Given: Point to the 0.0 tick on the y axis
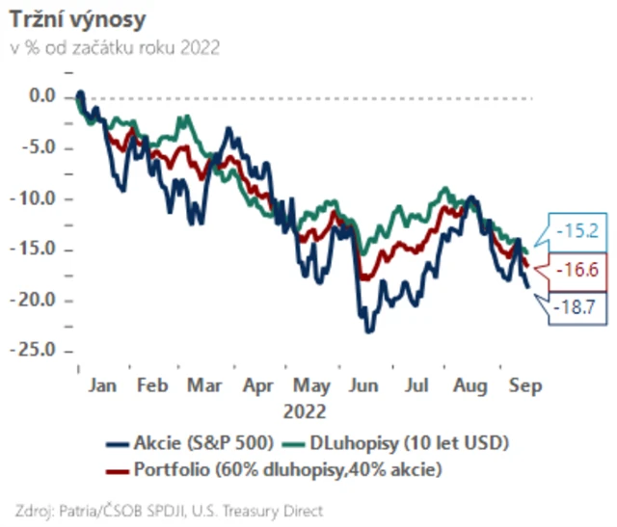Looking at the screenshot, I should tap(43, 96).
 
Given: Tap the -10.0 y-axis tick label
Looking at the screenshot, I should tap(38, 199).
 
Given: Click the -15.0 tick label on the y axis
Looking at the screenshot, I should tap(38, 250).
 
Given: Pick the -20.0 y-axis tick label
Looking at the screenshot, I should tap(38, 301).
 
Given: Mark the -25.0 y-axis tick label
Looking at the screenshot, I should tap(38, 351).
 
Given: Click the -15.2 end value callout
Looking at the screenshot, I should tap(581, 230).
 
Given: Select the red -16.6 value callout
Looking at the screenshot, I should tap(579, 271).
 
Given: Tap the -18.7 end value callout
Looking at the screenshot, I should tap(580, 308).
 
